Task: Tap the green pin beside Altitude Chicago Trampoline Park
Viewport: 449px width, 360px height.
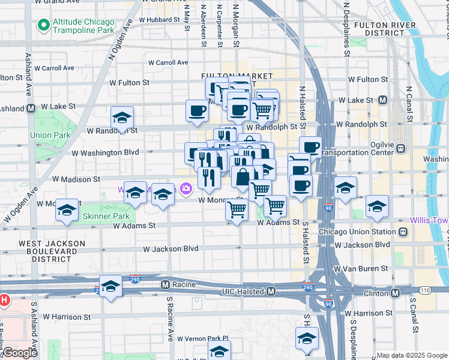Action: tap(43, 25)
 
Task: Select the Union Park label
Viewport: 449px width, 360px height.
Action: tap(50, 136)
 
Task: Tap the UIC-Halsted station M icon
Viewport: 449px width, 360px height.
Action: tap(271, 291)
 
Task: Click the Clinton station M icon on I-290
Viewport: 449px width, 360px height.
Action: tap(395, 293)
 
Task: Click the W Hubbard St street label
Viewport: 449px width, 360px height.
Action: tap(159, 19)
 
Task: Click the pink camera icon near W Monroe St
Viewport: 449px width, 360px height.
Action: tap(186, 188)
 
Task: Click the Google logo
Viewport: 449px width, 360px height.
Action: tap(20, 353)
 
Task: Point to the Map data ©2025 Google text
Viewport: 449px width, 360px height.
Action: tap(411, 355)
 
